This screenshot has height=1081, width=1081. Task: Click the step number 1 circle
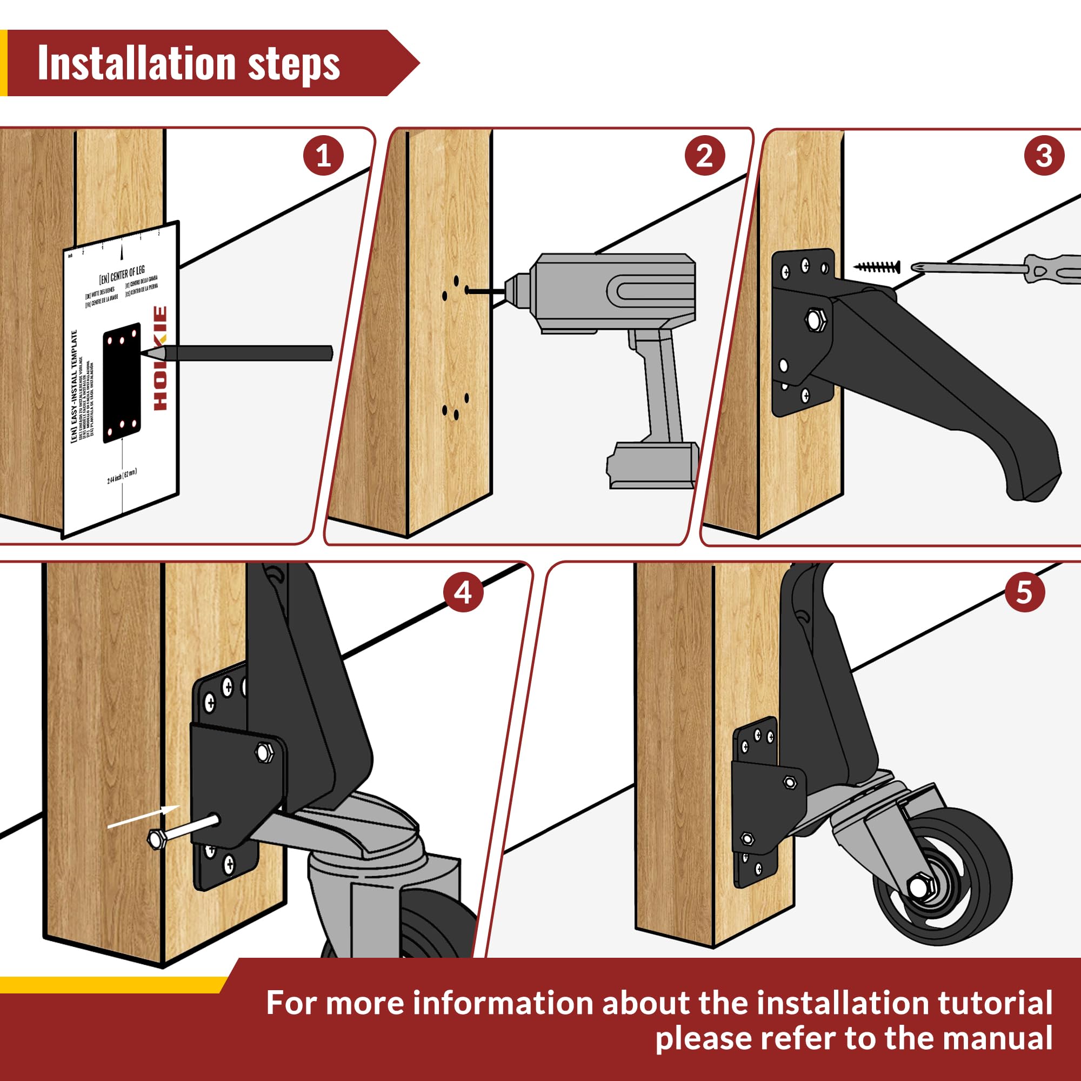pos(323,156)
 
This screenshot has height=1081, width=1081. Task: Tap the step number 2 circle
pos(704,156)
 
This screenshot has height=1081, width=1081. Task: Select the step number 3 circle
pos(1044,156)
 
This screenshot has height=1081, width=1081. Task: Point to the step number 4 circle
pos(463,592)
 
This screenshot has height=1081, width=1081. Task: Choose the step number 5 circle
pos(1024,592)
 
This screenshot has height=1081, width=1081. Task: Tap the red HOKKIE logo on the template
pos(160,358)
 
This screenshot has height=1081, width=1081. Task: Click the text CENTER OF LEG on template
pos(122,274)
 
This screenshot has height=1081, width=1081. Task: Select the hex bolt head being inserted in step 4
pos(155,839)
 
